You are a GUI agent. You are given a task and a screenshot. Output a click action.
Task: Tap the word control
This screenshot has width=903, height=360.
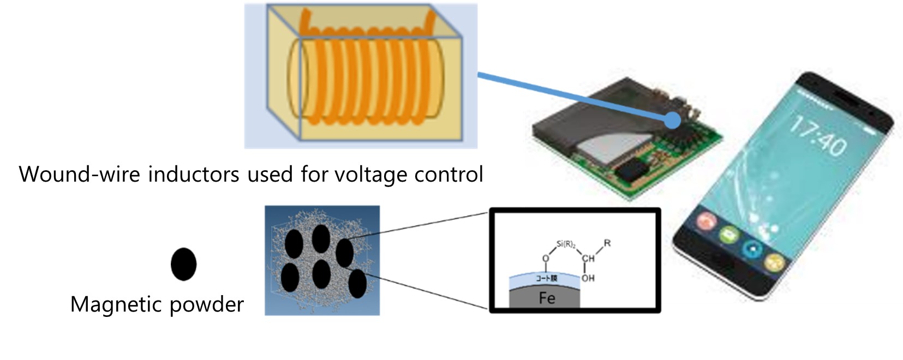tap(448, 175)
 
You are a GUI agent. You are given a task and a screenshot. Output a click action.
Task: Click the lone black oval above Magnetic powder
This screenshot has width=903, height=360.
tap(183, 265)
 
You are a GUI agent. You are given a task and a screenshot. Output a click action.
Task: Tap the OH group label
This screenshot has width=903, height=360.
tap(588, 278)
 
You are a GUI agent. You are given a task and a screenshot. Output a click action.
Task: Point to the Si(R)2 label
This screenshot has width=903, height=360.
tap(565, 244)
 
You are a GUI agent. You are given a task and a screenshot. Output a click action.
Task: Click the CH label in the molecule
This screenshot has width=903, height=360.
tap(588, 259)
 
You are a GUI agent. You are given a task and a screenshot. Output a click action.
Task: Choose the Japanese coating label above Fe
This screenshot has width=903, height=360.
tap(546, 278)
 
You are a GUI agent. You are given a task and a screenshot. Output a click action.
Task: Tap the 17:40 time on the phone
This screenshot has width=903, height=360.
tap(818, 136)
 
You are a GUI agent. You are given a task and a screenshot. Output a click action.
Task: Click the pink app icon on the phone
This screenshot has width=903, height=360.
tap(707, 221)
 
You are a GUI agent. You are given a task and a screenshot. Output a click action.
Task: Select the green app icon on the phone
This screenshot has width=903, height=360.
tap(728, 235)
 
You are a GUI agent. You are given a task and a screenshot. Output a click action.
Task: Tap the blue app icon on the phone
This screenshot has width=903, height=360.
tap(752, 248)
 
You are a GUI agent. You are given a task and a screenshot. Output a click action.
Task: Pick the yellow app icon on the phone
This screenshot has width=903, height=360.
tap(774, 262)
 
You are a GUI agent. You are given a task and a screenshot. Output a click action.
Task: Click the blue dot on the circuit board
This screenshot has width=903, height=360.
tap(673, 121)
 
